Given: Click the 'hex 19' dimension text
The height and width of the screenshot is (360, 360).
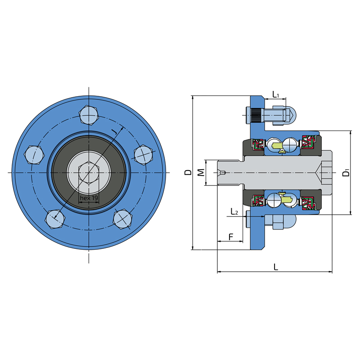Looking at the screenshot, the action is tap(89, 198).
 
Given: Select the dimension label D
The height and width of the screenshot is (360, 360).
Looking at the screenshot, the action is tap(188, 172).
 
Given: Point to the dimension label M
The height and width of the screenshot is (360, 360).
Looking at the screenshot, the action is tap(201, 172).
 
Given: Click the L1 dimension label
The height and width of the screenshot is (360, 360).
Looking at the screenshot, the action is tap(275, 94).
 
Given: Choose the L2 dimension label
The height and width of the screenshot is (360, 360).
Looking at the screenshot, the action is tap(234, 211).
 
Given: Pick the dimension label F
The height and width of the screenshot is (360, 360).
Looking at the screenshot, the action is tap(231, 237).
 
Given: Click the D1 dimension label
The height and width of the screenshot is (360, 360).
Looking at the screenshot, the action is tap(346, 172).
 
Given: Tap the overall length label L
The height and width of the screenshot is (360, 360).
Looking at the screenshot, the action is tap(276, 267).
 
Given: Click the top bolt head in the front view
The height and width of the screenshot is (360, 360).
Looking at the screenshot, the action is tap(89, 115).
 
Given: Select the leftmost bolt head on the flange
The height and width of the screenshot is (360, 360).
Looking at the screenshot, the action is tap(34, 154).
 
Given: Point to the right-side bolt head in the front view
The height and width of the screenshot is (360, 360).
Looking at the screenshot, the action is tap(143, 155).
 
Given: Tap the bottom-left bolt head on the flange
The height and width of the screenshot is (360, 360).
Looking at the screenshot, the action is tap(55, 219).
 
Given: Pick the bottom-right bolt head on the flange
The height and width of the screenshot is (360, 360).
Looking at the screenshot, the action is tap(123, 219).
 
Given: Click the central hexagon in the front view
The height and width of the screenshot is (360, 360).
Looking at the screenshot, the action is tap(89, 172).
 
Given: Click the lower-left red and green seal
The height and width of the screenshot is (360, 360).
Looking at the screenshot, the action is tap(258, 202).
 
